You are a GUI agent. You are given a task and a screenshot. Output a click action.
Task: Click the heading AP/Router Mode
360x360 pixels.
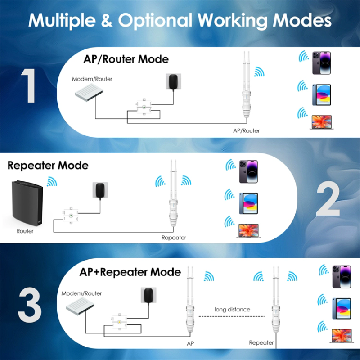[x=126, y=59]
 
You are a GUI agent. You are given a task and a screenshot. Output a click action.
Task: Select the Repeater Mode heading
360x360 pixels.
[x=48, y=166]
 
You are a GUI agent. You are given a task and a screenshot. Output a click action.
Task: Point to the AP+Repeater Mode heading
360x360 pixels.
[x=130, y=272]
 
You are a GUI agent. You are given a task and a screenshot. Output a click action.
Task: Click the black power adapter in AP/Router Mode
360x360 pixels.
[x=171, y=81]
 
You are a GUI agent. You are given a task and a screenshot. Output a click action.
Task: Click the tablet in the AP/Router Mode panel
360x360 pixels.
[x=321, y=94]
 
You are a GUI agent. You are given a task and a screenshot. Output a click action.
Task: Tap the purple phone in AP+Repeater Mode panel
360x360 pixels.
[x=342, y=276]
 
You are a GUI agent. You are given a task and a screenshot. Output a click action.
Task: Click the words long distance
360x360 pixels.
[x=233, y=309]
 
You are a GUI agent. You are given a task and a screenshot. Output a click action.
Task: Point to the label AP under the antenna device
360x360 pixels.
[x=190, y=343]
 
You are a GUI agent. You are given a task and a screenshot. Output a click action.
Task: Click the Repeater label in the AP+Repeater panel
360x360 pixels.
[x=261, y=343]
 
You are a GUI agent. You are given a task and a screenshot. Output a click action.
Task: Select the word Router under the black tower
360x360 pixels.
[x=25, y=231]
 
